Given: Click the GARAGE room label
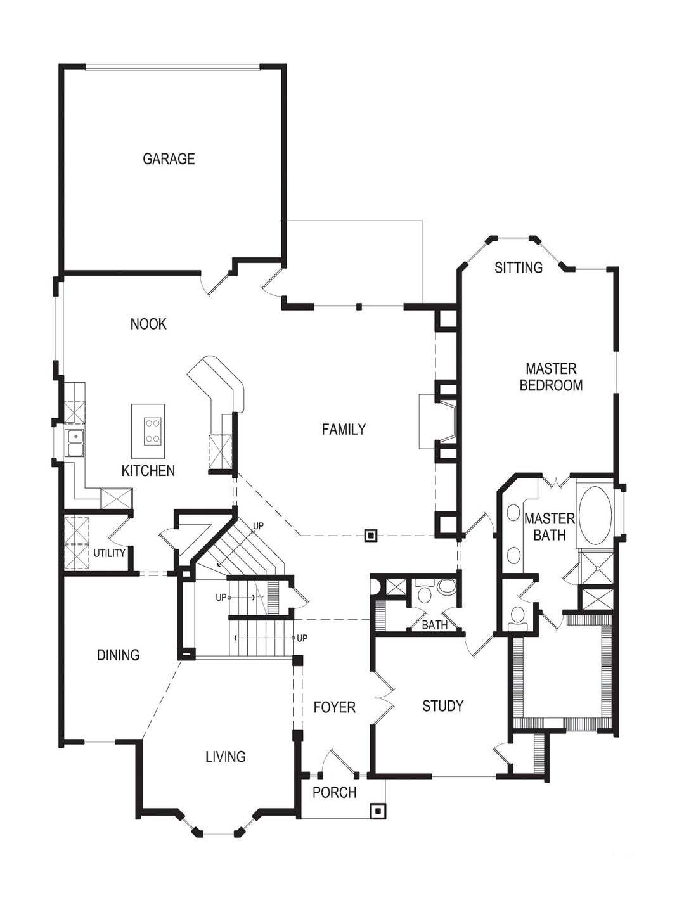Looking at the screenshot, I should tap(169, 158).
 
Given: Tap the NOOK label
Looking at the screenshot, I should tap(148, 324).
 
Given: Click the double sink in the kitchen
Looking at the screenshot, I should tap(75, 442).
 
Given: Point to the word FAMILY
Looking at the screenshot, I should tap(344, 429).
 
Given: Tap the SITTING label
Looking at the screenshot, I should tap(519, 267).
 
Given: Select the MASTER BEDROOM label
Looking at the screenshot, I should tap(551, 376).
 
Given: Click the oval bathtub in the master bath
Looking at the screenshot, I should tap(596, 515).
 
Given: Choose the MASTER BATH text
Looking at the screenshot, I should tap(549, 527).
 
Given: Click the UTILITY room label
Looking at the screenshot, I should tap(110, 553).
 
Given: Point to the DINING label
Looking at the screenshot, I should tap(118, 655).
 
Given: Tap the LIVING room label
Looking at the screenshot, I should tap(225, 756).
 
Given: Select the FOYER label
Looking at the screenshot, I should tap(334, 707).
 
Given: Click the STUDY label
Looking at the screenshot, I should tap(442, 705).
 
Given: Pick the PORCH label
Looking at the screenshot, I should tap(334, 792).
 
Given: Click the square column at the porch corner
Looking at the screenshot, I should tap(378, 810).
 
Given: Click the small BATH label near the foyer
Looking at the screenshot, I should tap(435, 625).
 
